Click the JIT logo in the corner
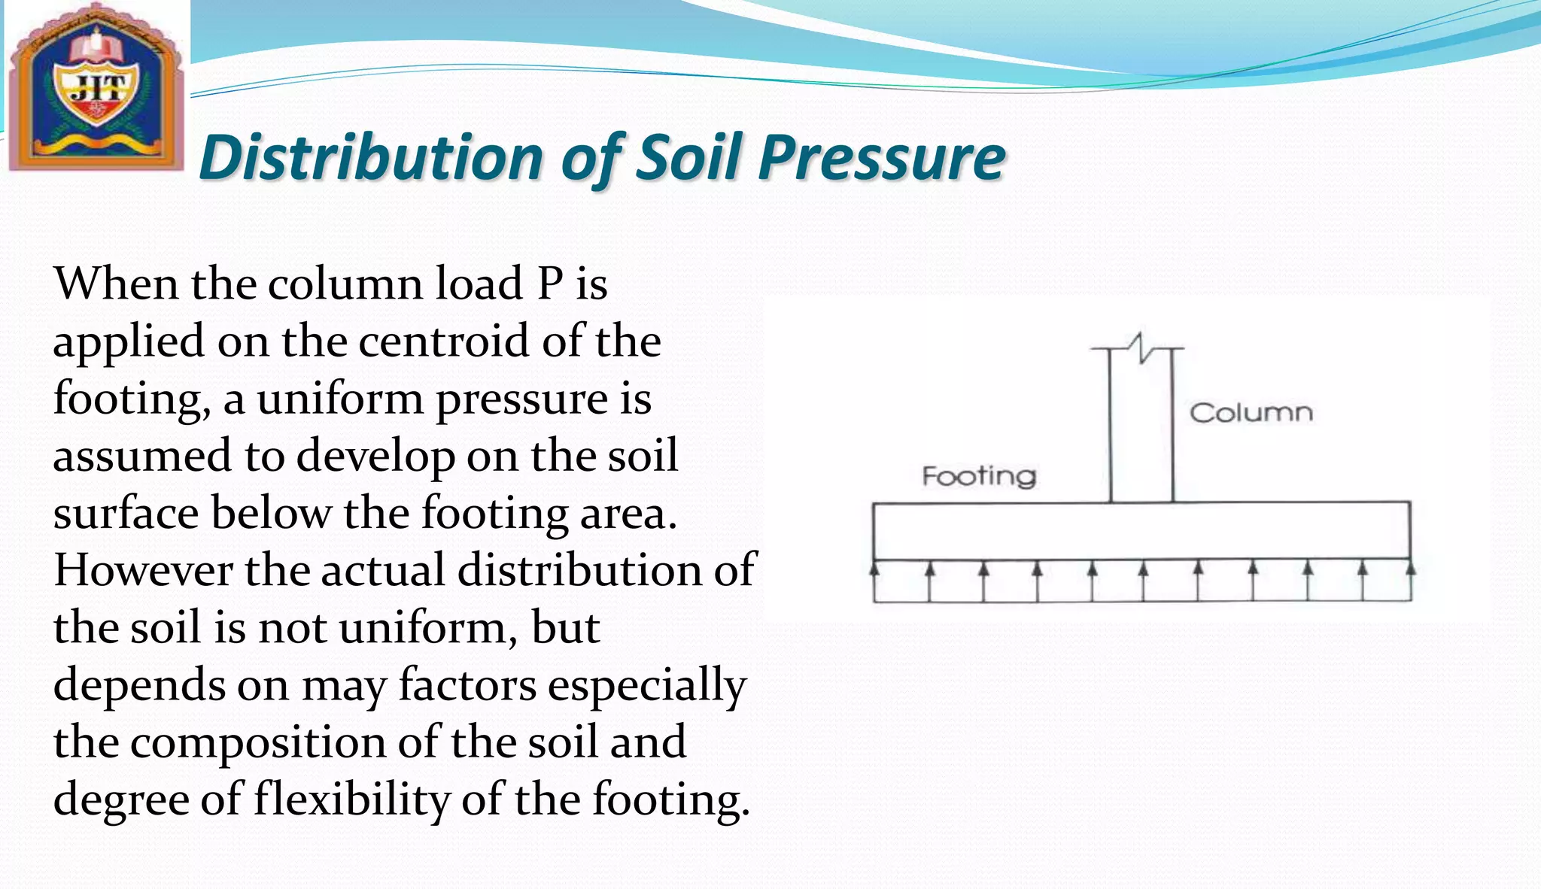click(95, 86)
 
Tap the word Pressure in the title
click(882, 157)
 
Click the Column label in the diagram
click(1251, 413)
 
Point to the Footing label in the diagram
click(979, 476)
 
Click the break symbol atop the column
click(1140, 347)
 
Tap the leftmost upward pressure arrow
click(874, 581)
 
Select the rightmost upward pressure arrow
click(1410, 581)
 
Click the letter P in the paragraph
click(550, 284)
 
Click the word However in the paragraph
click(143, 570)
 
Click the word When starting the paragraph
click(116, 284)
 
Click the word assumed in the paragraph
click(142, 456)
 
